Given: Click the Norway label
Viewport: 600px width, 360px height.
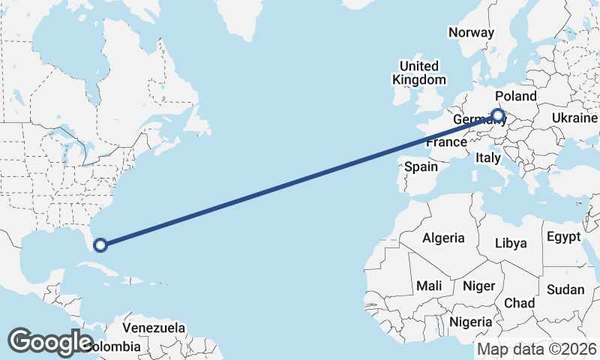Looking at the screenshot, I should point(471,32).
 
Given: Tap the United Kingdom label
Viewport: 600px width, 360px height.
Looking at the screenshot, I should point(419,72).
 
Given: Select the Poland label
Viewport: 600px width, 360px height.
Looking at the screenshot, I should point(516,96).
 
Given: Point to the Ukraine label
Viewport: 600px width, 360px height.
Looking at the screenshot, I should point(574,118).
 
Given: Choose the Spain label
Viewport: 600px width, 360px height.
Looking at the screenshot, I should point(421,166).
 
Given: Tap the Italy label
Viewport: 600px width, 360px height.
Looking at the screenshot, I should point(487,157).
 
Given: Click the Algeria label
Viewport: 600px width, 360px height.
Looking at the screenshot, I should point(443,238).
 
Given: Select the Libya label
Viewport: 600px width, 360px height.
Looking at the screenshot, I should point(511,243).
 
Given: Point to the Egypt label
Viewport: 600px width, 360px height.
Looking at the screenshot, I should point(564,237).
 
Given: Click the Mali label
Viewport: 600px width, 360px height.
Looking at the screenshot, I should point(430,286).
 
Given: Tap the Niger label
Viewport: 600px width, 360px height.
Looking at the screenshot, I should point(479,286).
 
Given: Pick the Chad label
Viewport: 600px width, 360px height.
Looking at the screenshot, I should point(520,302).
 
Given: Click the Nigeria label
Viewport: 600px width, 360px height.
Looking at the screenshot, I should point(471,322).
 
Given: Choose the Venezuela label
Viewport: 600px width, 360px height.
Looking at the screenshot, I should point(154,328).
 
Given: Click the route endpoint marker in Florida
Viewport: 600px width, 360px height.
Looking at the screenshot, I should point(100,244).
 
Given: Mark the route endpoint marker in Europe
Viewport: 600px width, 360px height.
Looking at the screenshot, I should point(497,115).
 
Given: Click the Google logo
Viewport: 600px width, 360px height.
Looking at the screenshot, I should point(50,341).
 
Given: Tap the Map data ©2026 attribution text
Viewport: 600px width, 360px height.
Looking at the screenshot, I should point(537,349).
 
